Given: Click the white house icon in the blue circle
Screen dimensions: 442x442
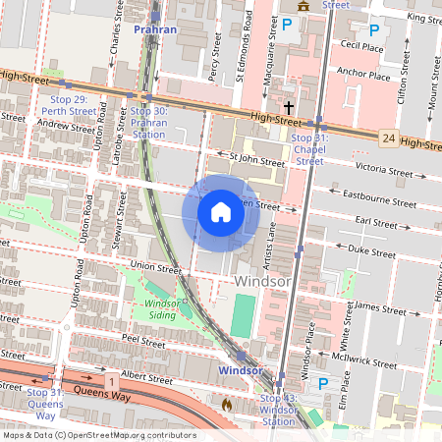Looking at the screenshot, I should click(221, 211).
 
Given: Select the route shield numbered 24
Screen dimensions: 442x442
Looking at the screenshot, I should click(389, 139).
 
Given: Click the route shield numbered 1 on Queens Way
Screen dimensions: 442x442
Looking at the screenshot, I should click(112, 380).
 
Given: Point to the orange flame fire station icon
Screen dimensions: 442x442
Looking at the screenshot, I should click(227, 403).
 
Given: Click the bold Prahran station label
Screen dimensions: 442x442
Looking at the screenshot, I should click(155, 29).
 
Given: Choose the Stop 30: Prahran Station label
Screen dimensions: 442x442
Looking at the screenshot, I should click(148, 123).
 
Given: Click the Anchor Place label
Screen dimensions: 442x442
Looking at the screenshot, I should click(362, 75).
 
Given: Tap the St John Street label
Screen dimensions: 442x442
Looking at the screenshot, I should click(255, 157).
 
